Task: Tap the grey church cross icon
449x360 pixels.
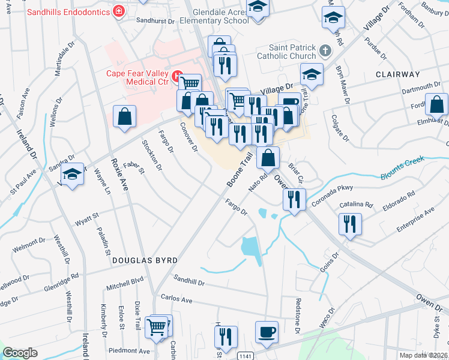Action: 325,52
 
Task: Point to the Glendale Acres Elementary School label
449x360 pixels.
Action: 211,16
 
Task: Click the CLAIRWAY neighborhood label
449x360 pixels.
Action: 397,74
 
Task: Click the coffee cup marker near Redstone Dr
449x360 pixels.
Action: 267,331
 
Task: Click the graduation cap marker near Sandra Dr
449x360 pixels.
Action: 73,174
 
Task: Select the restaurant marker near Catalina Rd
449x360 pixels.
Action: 349,224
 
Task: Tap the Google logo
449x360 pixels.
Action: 20,353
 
